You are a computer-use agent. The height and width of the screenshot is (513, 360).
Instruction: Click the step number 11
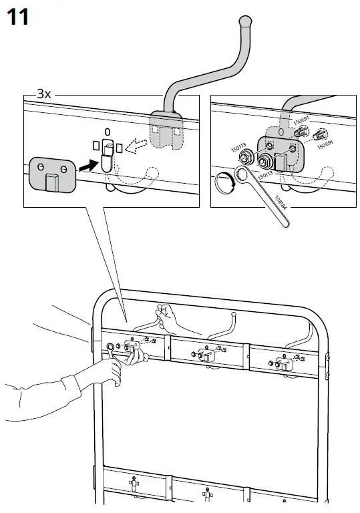pyautogui.click(x=17, y=17)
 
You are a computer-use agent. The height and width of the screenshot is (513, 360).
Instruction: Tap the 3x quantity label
pyautogui.click(x=43, y=95)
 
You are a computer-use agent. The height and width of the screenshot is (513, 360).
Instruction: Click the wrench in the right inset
pyautogui.click(x=260, y=194)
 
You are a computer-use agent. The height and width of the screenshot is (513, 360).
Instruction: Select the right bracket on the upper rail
pyautogui.click(x=283, y=361)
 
